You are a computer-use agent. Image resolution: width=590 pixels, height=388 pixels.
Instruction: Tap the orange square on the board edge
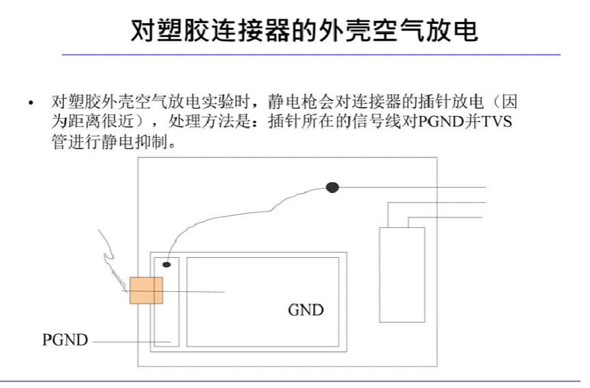(x=146, y=290)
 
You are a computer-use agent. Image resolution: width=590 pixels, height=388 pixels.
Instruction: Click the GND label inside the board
(x=305, y=310)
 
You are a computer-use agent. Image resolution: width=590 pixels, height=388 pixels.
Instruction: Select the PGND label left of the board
(x=65, y=339)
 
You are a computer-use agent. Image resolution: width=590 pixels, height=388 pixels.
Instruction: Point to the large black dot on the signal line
(x=332, y=187)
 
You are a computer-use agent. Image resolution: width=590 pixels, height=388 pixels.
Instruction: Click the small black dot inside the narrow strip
(x=166, y=263)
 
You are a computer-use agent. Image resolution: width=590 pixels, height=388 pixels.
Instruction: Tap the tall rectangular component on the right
(x=402, y=275)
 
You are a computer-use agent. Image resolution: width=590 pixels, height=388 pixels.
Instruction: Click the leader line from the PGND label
(x=126, y=340)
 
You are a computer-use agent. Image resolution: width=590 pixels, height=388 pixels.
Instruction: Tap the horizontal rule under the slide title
(x=311, y=54)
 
